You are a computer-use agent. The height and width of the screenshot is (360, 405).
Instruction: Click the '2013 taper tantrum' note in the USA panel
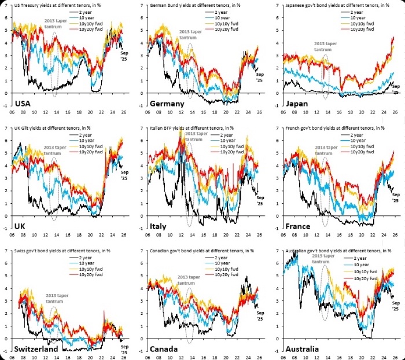coord(56,24)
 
